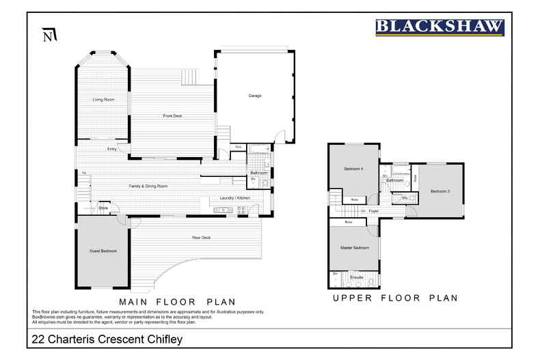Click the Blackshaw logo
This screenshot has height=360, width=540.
[x=440, y=27]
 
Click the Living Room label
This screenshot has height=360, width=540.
[x=103, y=100]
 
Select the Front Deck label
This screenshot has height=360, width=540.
[x=172, y=116]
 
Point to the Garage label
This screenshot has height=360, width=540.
[x=254, y=96]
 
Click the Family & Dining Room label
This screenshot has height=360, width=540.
[x=148, y=186]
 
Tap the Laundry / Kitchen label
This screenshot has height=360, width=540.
[x=235, y=198]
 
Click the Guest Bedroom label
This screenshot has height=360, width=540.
[x=103, y=251]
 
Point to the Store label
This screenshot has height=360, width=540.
[x=103, y=207]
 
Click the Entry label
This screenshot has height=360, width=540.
[x=111, y=149]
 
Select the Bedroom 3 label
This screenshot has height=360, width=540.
[x=440, y=191]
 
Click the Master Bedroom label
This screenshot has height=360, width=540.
[x=355, y=247]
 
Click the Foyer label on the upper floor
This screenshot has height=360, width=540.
[x=373, y=211]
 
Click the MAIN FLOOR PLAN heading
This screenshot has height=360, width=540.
[x=177, y=301]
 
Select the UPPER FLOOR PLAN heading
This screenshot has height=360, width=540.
[x=395, y=298]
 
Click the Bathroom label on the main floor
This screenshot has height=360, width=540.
[x=258, y=173]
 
